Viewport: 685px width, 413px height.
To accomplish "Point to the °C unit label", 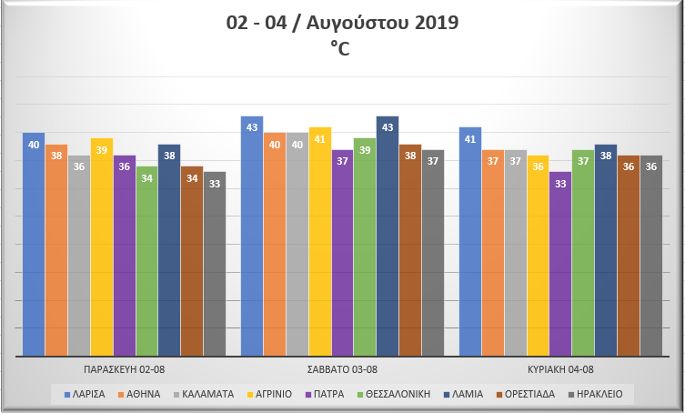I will click(x=342, y=49).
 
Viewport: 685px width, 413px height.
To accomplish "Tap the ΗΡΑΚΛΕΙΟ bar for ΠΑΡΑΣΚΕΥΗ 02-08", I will click(x=215, y=264).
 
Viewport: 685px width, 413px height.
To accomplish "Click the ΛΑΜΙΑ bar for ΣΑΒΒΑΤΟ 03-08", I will click(x=388, y=236).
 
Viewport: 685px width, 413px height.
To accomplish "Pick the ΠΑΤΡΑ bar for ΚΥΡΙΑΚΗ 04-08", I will click(x=560, y=264).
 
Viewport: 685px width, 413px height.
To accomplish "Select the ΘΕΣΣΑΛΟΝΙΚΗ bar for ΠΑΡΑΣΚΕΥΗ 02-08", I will click(x=146, y=260).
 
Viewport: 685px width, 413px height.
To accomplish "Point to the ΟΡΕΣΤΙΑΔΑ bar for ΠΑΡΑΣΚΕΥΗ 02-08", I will click(x=192, y=260).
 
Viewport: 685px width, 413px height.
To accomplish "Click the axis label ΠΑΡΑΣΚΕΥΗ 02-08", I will click(x=124, y=368).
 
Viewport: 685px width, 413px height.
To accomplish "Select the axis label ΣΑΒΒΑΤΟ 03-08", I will click(x=342, y=368).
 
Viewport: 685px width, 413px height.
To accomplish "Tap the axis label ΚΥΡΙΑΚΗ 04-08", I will click(x=560, y=368).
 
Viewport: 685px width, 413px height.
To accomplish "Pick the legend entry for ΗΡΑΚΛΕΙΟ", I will click(x=598, y=394).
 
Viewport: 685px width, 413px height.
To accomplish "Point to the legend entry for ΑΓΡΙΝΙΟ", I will click(x=267, y=394).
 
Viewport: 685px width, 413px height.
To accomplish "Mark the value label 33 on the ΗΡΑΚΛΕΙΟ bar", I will click(x=215, y=184).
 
